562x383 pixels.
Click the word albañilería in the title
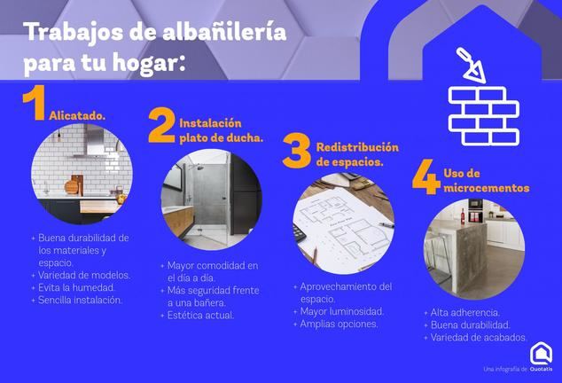coord(224,32)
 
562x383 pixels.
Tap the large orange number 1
coord(34,103)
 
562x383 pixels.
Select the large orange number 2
coord(162,126)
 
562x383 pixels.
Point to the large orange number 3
coord(297,152)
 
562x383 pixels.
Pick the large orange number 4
coord(426,176)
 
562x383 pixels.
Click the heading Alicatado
coord(77,115)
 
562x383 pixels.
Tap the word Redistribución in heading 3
coord(357,147)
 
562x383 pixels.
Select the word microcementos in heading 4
coord(487,188)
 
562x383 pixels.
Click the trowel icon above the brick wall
coord(471,66)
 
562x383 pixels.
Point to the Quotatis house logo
coord(541,354)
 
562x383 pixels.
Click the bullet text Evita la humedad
coord(76,287)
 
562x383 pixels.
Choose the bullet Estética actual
coord(200,316)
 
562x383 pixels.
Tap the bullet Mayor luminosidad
coord(342,311)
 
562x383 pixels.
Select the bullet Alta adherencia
coord(464,313)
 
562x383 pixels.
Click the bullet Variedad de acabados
coord(479,338)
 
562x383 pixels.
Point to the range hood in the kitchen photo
coord(93,141)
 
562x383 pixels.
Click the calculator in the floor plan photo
coord(300,233)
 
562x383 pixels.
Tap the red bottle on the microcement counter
coord(463,216)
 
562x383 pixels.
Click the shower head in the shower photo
coord(199,167)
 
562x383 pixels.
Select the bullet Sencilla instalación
coord(81,301)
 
